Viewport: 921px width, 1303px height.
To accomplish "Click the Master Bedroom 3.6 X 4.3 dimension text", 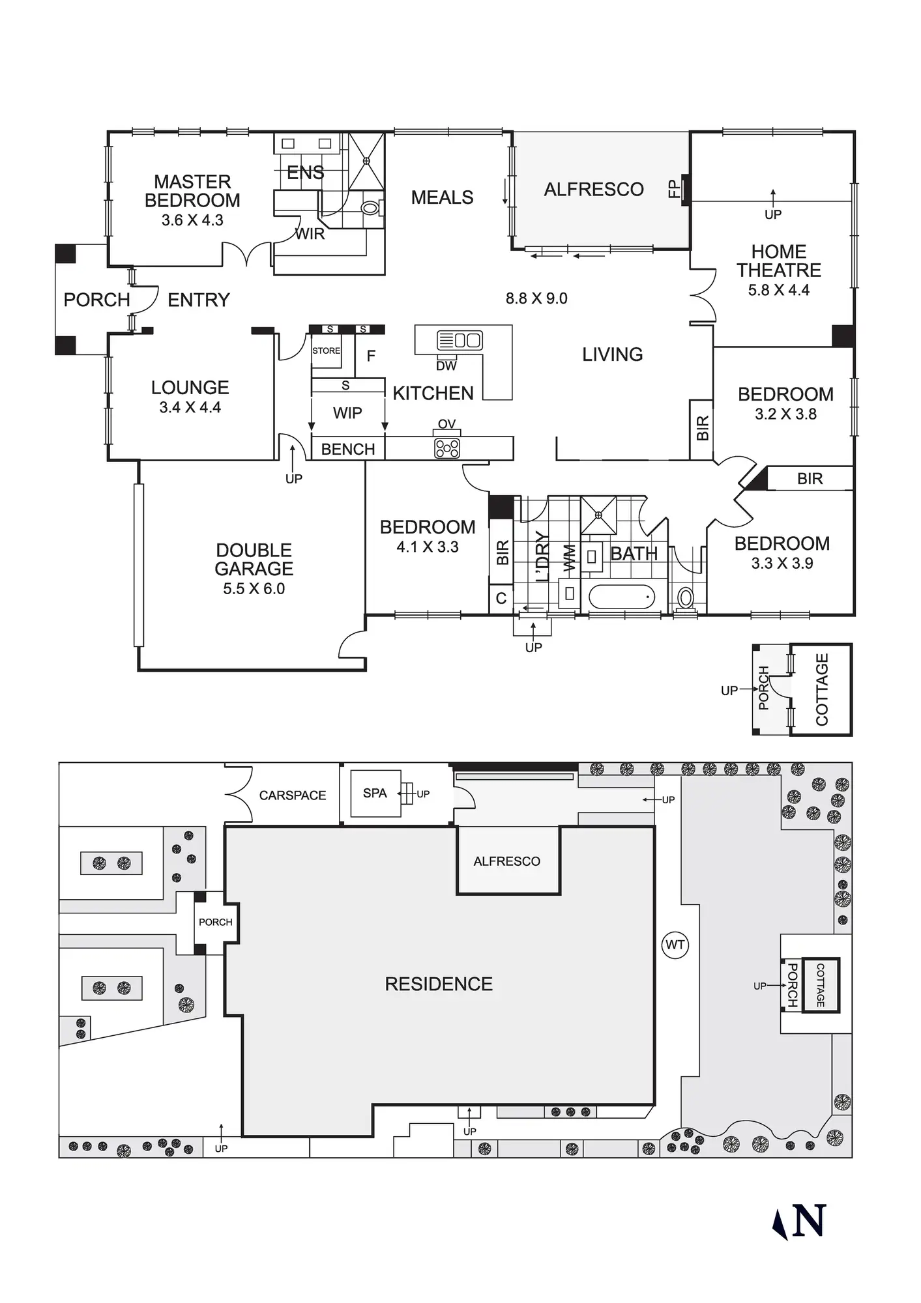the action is click(x=192, y=220).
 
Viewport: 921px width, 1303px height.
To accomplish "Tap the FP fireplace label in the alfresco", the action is click(x=673, y=189).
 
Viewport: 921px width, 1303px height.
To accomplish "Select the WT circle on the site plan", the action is click(x=675, y=945).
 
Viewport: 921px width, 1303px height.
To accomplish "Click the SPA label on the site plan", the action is click(x=375, y=793).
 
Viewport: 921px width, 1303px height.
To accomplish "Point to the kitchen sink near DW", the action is click(x=460, y=339).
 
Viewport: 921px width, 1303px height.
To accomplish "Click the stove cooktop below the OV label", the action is click(x=447, y=448).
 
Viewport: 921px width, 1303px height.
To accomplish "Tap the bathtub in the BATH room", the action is click(x=622, y=597).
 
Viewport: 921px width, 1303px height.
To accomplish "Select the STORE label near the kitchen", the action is click(x=326, y=351).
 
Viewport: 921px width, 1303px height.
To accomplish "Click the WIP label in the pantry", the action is click(x=347, y=413).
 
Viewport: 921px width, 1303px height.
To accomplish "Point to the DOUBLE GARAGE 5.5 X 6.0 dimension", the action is click(x=254, y=588).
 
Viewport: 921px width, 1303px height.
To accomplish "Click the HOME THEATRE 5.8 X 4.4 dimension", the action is click(x=779, y=291).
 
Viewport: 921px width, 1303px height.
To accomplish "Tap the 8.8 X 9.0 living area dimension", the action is click(x=536, y=298).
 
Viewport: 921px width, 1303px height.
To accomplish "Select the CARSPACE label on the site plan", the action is click(x=293, y=795).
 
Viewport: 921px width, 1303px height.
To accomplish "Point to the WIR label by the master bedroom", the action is click(x=310, y=234).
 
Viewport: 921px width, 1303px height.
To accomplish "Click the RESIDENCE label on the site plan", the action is click(x=439, y=984).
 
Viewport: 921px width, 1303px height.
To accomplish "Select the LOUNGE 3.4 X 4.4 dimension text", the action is click(x=190, y=408).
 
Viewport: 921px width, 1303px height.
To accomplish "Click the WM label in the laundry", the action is click(x=570, y=558).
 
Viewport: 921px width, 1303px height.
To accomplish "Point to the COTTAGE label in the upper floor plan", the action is click(x=821, y=689).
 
